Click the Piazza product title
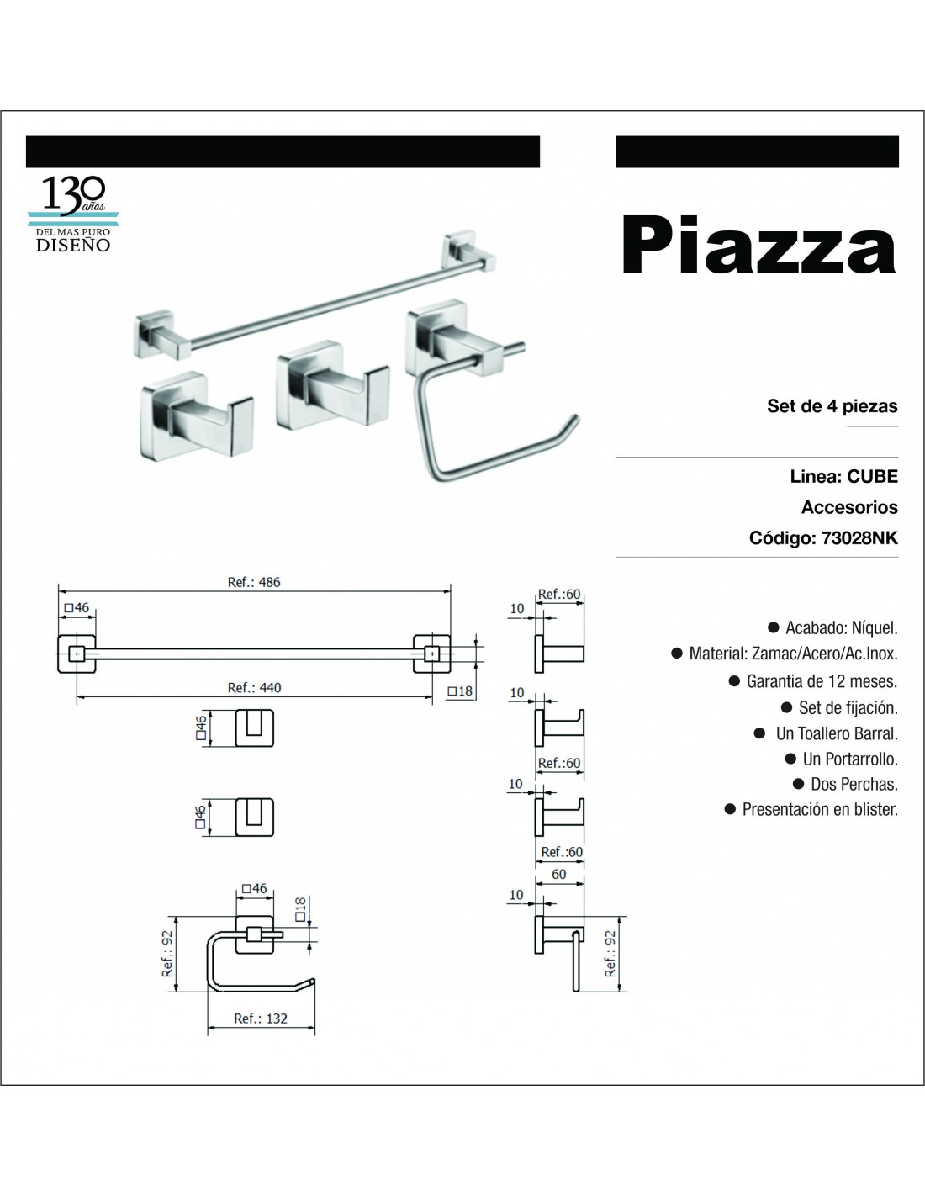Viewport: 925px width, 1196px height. coord(758,246)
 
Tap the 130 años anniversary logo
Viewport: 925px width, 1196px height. coord(73,214)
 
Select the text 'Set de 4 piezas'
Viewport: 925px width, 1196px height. coord(832,406)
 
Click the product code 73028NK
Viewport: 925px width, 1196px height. coord(859,537)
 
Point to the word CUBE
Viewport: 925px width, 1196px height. coord(872,476)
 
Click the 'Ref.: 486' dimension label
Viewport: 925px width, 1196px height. coord(254,582)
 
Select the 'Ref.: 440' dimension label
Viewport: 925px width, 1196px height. coord(254,687)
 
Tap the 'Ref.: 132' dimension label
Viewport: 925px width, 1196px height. coord(261,1019)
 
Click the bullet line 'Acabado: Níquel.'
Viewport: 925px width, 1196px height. coord(833,627)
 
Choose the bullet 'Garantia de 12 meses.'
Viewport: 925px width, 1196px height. coord(813,681)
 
